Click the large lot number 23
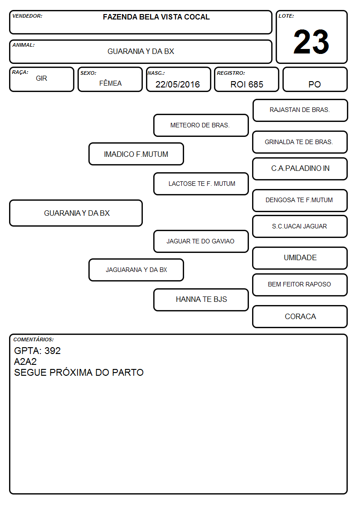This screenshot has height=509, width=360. point(311,42)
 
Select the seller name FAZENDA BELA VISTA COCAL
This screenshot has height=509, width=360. point(156,17)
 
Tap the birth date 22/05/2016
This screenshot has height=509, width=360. point(178,84)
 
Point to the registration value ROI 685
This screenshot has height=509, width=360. point(247,84)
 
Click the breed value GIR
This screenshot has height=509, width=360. point(41,78)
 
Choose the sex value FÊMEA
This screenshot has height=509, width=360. point(110,83)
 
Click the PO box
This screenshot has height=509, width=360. point(315,79)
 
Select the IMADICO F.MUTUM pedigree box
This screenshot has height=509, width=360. point(136,154)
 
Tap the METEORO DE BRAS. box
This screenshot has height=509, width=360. point(201,125)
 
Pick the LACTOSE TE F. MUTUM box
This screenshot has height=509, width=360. point(201,184)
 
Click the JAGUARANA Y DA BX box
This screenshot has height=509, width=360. point(136,270)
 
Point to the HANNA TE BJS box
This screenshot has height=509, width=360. point(201,300)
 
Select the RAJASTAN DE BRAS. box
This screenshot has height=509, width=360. point(300,111)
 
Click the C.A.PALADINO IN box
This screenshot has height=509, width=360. point(300,169)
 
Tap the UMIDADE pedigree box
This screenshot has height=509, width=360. point(300,258)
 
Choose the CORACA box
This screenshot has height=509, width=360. point(300,316)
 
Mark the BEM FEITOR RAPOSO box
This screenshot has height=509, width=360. point(300,285)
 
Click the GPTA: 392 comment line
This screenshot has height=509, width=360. point(37,350)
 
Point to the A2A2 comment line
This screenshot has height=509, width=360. point(25,362)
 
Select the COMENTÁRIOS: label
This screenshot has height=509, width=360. point(34,339)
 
